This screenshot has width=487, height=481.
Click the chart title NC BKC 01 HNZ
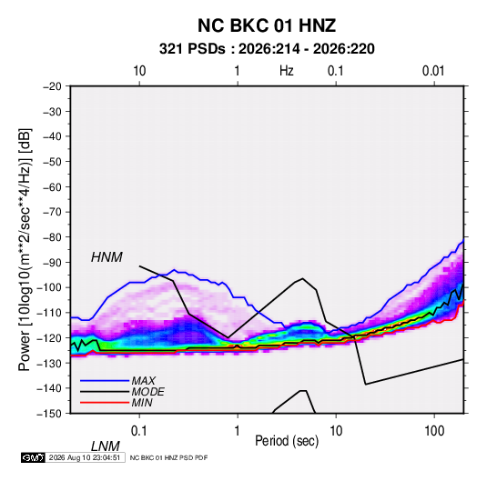click(267, 25)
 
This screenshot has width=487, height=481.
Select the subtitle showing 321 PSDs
click(267, 49)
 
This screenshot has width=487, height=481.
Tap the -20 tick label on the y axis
click(52, 86)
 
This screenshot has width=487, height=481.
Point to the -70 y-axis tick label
click(52, 212)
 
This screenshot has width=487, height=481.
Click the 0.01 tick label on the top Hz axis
click(433, 71)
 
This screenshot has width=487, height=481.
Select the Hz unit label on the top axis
click(287, 71)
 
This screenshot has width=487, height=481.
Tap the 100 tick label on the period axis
click(434, 431)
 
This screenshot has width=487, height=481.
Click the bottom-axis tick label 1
click(238, 431)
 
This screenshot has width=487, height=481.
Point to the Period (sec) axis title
click(287, 441)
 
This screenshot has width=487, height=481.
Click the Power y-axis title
click(25, 249)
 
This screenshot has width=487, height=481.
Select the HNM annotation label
click(107, 257)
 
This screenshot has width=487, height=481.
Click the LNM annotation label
click(106, 446)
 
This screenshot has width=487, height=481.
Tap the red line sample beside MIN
click(105, 403)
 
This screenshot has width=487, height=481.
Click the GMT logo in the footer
click(33, 457)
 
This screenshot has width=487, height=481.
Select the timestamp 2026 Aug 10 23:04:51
click(85, 457)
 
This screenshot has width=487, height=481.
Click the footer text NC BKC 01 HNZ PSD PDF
click(168, 457)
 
